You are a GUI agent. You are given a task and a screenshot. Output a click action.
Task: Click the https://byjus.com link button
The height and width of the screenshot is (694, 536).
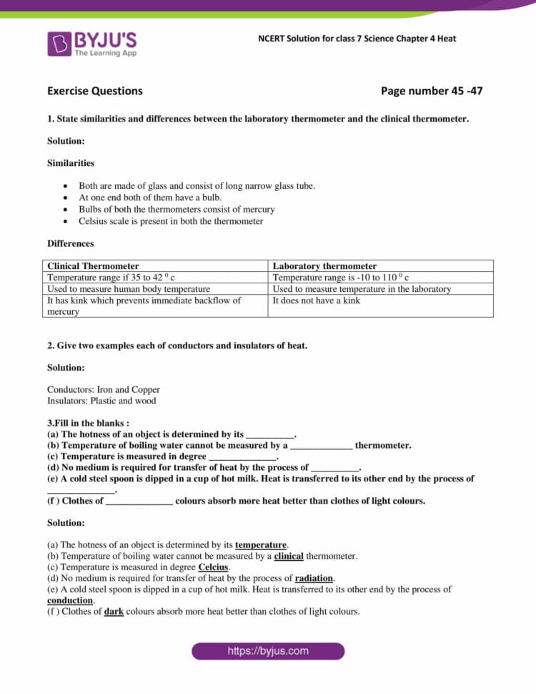[268, 651]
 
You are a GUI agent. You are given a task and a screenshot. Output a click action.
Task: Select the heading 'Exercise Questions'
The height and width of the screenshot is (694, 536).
[94, 91]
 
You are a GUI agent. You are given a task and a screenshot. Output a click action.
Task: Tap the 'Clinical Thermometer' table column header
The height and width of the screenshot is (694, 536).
[93, 266]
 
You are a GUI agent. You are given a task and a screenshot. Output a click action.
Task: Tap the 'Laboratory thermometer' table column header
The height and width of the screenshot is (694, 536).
[324, 266]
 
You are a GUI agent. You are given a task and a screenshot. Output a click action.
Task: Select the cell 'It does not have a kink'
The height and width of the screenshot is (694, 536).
[316, 300]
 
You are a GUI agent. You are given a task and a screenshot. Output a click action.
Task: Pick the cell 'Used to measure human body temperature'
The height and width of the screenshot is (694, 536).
[129, 289]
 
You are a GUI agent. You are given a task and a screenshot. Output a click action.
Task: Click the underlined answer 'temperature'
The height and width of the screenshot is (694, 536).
[261, 545]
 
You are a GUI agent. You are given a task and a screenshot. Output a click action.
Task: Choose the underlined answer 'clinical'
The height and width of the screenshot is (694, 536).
[289, 556]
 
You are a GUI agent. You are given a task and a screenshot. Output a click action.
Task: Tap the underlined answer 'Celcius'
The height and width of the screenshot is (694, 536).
[213, 567]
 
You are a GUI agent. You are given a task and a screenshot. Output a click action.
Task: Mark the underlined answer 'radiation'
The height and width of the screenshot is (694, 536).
[314, 578]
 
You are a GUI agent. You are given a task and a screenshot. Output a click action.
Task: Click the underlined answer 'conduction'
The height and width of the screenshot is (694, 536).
[70, 601]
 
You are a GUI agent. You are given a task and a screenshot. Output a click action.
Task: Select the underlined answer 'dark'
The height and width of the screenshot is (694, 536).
[114, 612]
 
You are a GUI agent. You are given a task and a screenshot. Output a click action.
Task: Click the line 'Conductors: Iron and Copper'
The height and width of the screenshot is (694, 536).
[104, 390]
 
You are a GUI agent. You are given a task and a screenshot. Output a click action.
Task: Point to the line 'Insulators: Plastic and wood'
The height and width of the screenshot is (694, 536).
[101, 401]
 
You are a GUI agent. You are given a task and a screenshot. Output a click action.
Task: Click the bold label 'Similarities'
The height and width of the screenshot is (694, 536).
[71, 163]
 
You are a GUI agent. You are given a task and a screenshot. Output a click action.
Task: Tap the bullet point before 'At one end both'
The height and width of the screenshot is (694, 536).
[66, 198]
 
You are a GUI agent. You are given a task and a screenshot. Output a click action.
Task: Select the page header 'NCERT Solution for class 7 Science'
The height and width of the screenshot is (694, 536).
[357, 39]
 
